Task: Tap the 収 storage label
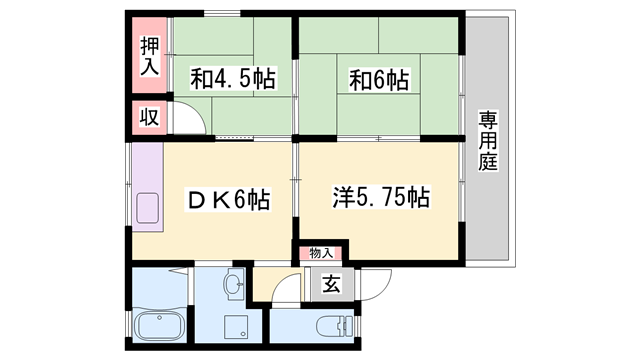pos(148,117)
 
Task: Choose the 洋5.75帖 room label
pos(380,198)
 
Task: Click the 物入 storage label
pos(320,254)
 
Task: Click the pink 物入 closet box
pos(320,254)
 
